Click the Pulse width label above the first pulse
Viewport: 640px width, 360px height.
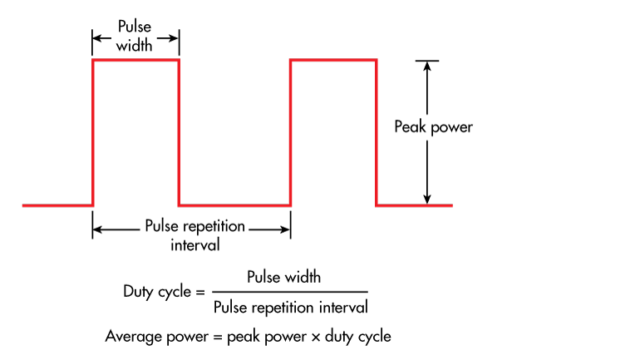click(135, 36)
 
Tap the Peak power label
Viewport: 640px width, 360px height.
click(433, 127)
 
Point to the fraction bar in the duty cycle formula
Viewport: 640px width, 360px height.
click(289, 292)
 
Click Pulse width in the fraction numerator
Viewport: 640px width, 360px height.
click(283, 277)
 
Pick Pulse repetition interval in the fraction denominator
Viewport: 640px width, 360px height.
click(290, 307)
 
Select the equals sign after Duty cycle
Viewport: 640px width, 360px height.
click(199, 292)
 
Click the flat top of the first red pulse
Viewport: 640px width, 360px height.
click(135, 60)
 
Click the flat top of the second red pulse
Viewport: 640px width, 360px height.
click(333, 60)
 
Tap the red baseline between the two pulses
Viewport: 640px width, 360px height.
click(234, 205)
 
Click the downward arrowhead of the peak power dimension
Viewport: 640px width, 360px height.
click(427, 200)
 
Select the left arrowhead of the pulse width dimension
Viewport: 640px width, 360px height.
click(96, 37)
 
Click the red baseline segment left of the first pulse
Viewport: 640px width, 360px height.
click(57, 205)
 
